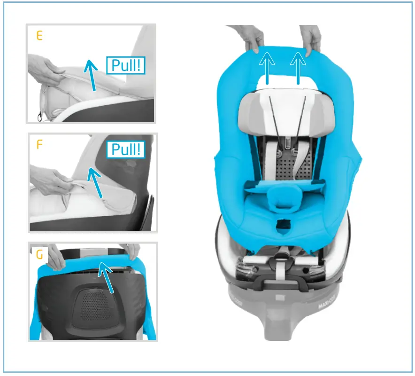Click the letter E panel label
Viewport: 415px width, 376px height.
39,36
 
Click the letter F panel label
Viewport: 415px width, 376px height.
39,144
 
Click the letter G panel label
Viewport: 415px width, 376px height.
40,255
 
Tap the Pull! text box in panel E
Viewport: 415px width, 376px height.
125,65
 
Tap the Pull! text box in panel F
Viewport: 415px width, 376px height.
125,150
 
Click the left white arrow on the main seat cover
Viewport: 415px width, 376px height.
267,68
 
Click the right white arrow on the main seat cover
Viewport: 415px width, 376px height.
298,68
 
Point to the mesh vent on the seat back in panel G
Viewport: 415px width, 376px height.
94,305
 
